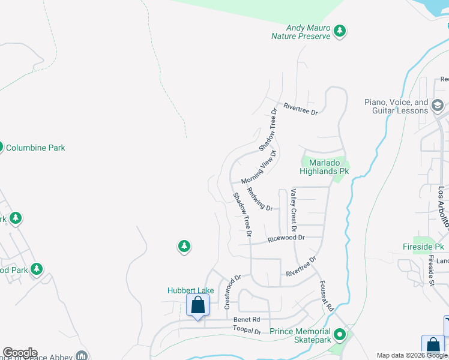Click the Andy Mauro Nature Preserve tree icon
coord(340,30)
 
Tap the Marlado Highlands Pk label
coord(325,167)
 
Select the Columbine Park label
coord(35,148)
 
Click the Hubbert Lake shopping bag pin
coord(197,305)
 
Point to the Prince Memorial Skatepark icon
coord(340,335)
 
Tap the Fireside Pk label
coord(423,247)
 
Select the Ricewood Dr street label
coord(286,238)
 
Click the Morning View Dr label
coord(259,167)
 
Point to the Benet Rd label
coord(246,320)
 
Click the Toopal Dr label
coord(247,331)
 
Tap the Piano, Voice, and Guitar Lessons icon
coord(438,106)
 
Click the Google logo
coord(20,353)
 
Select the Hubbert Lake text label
coord(190,290)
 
